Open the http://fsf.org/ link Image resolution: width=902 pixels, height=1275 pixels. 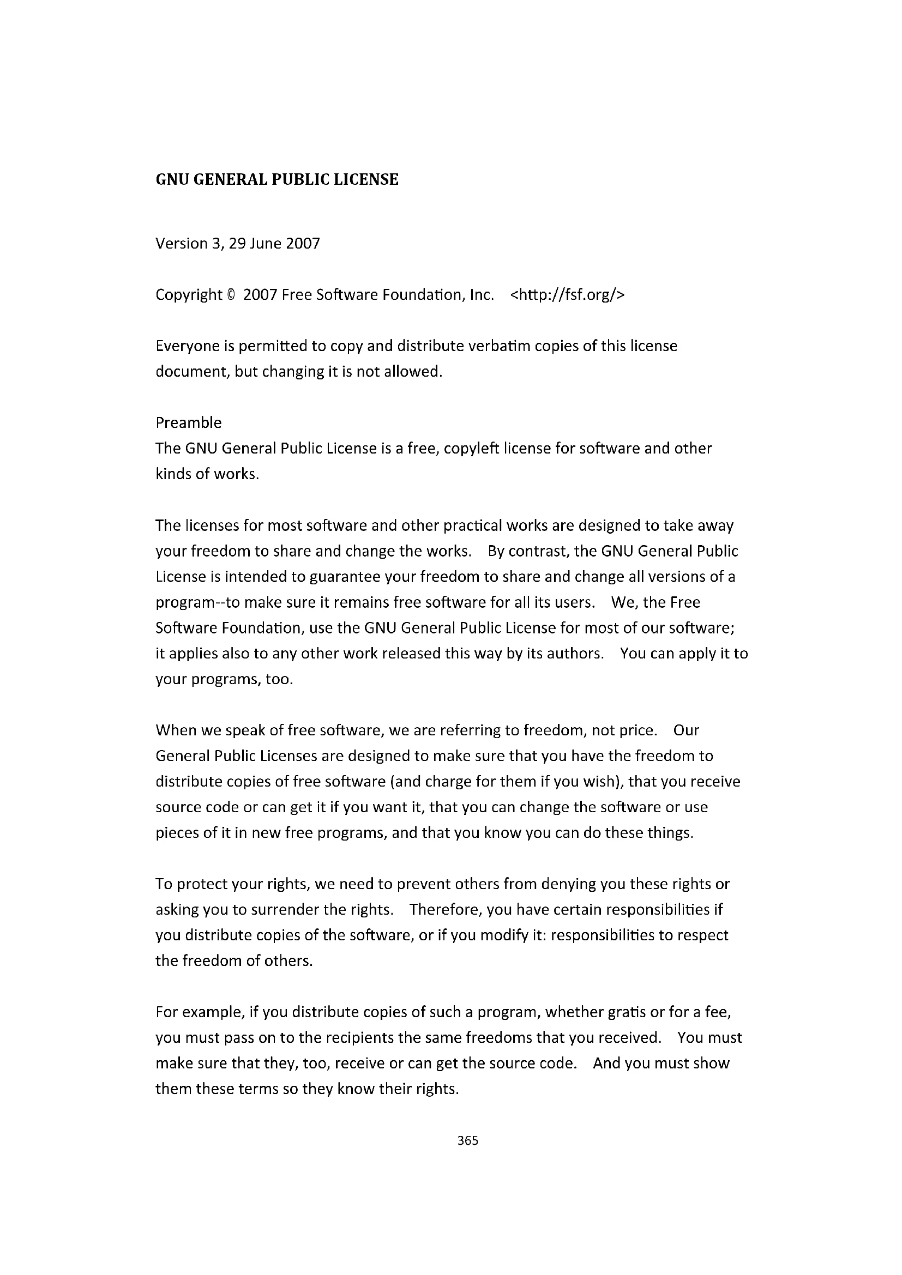click(567, 295)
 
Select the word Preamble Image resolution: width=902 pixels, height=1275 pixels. click(188, 422)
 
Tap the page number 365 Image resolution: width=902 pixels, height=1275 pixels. click(468, 1140)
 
